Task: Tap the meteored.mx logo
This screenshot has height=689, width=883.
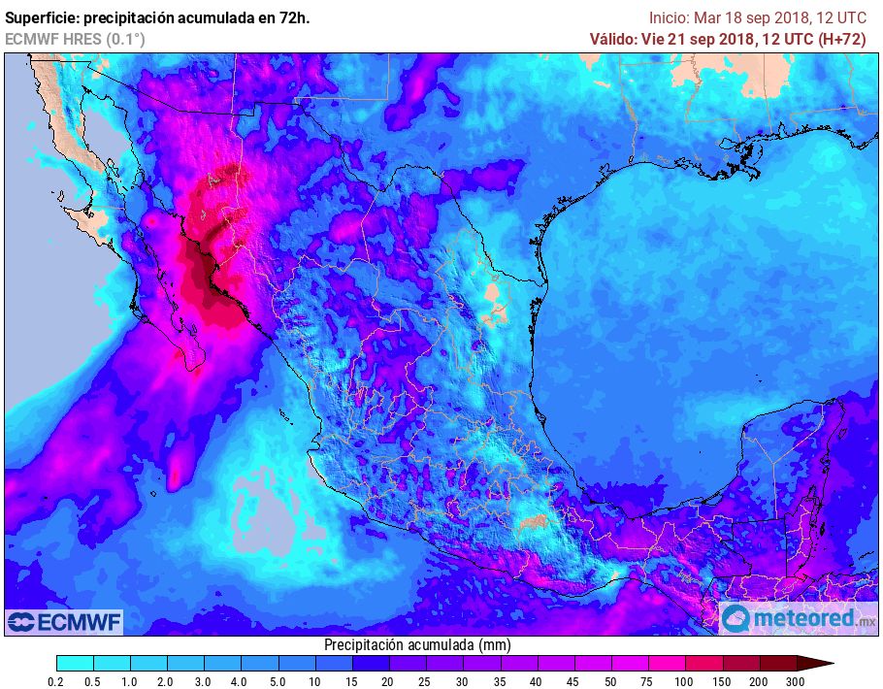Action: (x=798, y=618)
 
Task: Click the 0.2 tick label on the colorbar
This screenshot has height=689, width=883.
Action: (x=56, y=682)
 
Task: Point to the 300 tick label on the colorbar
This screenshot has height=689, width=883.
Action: (x=796, y=682)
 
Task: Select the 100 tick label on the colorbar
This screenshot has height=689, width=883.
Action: (x=685, y=682)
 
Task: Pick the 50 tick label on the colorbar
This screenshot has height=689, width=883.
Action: (x=611, y=682)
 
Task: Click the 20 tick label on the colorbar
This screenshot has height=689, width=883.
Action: (x=388, y=682)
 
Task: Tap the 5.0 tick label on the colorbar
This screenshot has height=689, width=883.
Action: (x=278, y=682)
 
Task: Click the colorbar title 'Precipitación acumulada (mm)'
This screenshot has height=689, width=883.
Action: (x=417, y=645)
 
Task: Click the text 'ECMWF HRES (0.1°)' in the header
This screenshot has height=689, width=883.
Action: (x=75, y=39)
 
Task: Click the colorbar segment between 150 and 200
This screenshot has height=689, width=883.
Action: (x=740, y=664)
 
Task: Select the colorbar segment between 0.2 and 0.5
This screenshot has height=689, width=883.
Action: (x=75, y=664)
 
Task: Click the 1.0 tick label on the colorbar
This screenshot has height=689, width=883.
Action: (x=130, y=682)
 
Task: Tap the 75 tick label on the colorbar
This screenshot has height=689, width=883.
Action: (x=648, y=682)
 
